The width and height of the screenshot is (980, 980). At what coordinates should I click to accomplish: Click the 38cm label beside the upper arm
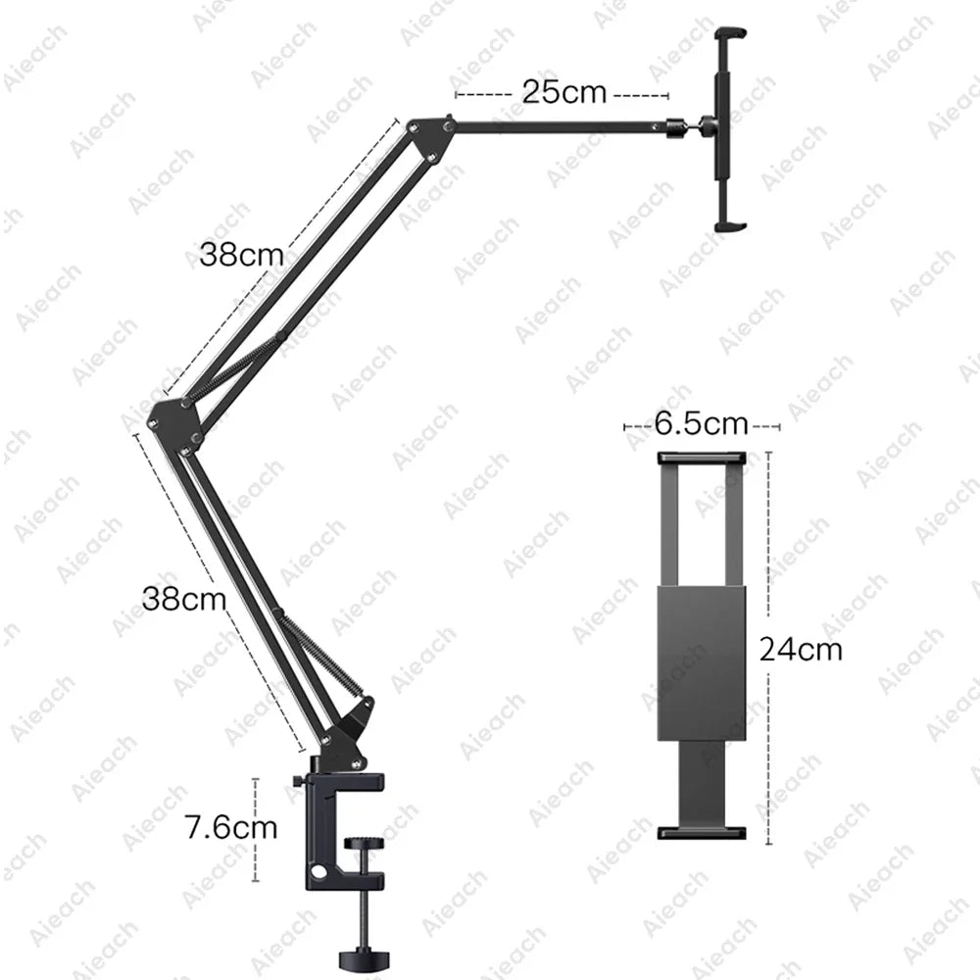point(241,255)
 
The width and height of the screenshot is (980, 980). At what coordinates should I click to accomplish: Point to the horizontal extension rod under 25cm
point(559,123)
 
